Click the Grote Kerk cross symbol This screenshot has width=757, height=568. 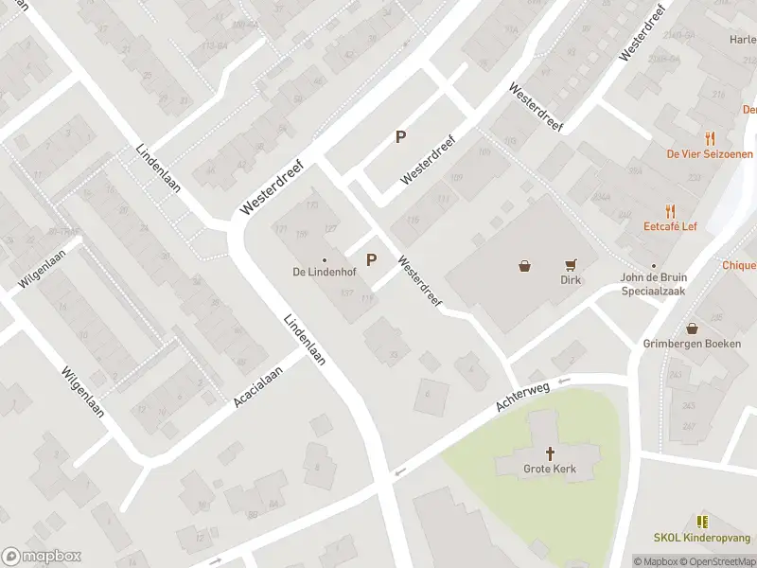[551, 453]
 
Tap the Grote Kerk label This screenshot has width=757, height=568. [551, 469]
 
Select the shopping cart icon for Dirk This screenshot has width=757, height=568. [571, 265]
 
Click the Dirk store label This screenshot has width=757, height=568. [570, 280]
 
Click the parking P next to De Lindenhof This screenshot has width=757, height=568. [371, 259]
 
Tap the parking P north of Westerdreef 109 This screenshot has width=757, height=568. [400, 137]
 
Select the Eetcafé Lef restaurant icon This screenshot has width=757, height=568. [671, 211]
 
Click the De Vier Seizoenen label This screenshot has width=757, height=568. [710, 154]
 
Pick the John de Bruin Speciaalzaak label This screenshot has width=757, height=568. [653, 284]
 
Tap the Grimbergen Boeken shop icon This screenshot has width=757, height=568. [693, 328]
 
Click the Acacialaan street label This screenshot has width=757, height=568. [259, 388]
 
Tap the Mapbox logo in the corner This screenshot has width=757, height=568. [42, 557]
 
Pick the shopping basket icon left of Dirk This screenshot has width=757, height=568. [524, 266]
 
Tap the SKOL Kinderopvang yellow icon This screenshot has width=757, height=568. [702, 522]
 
